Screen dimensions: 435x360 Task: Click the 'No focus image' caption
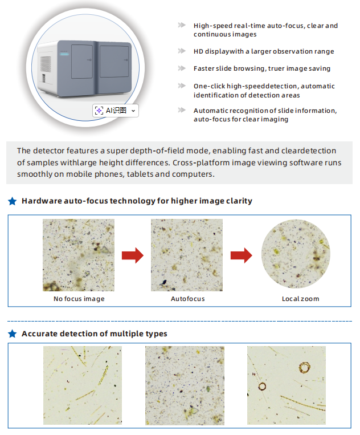[79, 299]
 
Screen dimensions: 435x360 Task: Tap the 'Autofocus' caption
[187, 299]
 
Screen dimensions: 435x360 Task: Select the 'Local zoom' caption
[300, 299]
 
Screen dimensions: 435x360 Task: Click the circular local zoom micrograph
[295, 255]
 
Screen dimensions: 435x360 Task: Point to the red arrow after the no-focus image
[132, 255]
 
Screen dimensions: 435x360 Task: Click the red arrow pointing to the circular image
[241, 255]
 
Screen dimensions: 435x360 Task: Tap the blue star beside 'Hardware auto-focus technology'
[12, 201]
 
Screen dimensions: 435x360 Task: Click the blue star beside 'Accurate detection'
[12, 334]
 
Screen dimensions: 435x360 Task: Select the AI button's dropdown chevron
[133, 111]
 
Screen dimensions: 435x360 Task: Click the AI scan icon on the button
[99, 111]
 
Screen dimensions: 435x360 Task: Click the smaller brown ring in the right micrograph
[262, 387]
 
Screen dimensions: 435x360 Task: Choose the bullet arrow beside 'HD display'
[182, 51]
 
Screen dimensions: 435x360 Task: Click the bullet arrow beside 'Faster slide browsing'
[182, 68]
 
